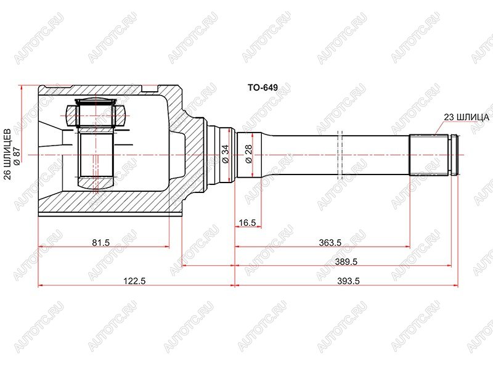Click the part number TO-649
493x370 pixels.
(263, 88)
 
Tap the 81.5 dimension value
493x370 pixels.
(100, 242)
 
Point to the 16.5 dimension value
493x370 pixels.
(247, 223)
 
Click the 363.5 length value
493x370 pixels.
(330, 242)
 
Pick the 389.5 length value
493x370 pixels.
(346, 261)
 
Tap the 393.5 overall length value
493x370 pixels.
(348, 281)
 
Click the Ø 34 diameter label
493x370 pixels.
(226, 154)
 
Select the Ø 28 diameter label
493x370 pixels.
(249, 154)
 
